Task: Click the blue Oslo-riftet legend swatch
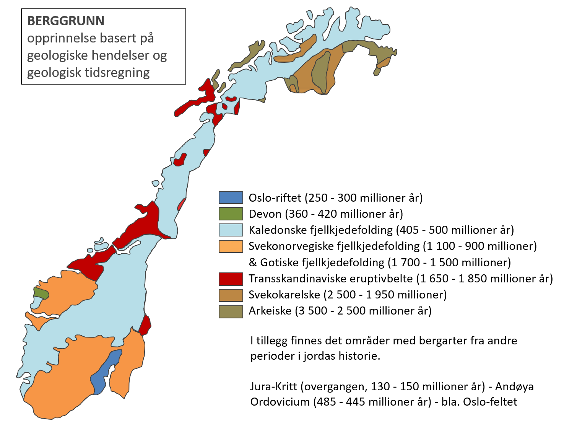point(231,197)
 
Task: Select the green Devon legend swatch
point(231,214)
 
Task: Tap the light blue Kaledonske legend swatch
point(231,230)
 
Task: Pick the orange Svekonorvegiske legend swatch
point(231,246)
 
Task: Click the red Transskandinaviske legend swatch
point(231,279)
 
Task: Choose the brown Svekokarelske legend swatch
point(231,295)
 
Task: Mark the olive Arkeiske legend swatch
point(231,311)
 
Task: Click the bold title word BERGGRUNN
point(66,21)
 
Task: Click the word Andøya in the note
point(514,386)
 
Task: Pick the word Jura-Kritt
point(273,386)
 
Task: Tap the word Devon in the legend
point(265,214)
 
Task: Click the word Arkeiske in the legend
point(270,311)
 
